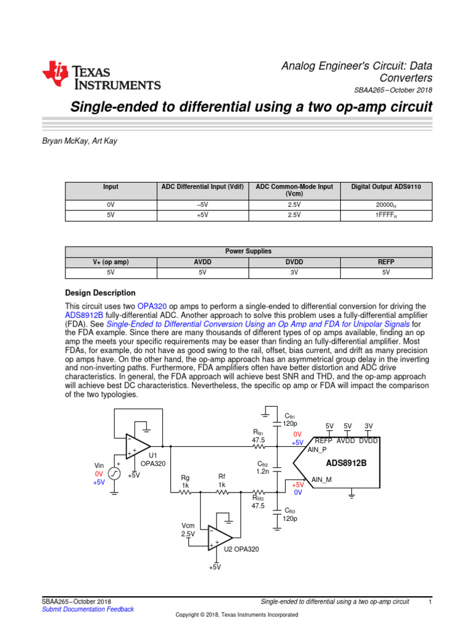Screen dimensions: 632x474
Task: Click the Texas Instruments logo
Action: [101, 77]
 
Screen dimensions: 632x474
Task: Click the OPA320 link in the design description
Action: [152, 307]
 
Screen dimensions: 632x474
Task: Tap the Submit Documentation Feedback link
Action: [87, 609]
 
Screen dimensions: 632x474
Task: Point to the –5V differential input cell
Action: [202, 205]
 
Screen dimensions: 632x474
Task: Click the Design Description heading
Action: [100, 293]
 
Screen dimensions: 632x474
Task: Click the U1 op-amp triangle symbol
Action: [138, 446]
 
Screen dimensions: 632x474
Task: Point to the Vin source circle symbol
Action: [115, 473]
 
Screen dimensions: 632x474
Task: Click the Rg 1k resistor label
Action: [185, 481]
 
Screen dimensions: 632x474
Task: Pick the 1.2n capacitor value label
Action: [264, 471]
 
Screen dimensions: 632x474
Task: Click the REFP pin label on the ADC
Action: [323, 441]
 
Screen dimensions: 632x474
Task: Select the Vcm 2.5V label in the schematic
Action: [188, 529]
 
